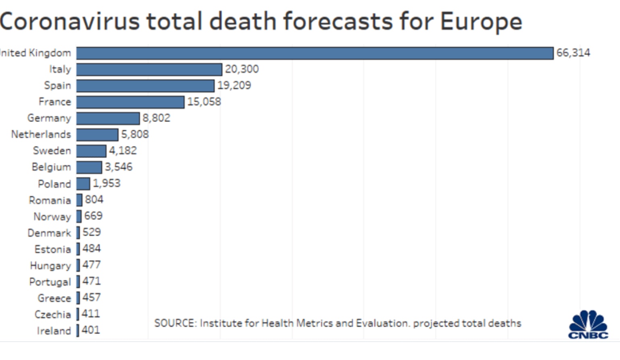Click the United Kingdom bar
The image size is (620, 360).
[315, 53]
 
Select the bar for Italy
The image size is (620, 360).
[149, 69]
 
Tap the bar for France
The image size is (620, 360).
[130, 102]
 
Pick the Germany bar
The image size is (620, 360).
[108, 118]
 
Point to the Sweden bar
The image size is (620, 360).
[91, 151]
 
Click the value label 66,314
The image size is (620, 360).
[573, 53]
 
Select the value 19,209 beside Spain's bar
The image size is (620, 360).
[234, 86]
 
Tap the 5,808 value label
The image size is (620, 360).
[135, 134]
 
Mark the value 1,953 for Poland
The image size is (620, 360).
[107, 184]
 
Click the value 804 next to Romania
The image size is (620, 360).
[94, 200]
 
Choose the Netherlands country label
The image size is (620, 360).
[41, 134]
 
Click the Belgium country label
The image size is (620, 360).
[51, 167]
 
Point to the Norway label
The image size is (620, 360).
[52, 217]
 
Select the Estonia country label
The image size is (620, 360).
[52, 249]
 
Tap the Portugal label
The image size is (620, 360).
[50, 282]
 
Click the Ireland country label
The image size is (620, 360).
[54, 331]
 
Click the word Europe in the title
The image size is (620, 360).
[481, 22]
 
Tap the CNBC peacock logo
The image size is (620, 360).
[588, 324]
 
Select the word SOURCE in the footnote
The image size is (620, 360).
[175, 323]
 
